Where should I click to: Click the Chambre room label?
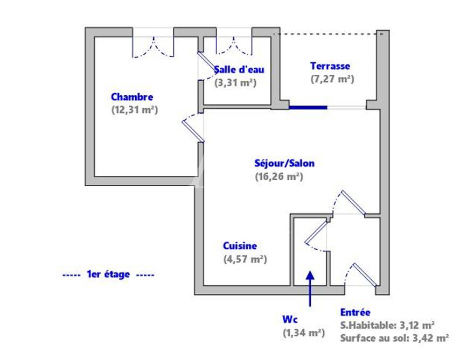click(x=132, y=97)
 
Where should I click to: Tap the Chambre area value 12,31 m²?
click(x=135, y=110)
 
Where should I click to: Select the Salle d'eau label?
click(x=239, y=69)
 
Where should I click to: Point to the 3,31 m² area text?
click(x=235, y=82)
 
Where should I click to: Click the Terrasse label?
click(x=330, y=66)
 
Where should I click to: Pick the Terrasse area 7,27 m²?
click(x=332, y=79)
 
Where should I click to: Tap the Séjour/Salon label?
click(x=284, y=164)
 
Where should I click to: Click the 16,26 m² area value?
click(x=279, y=177)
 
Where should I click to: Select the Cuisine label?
click(x=240, y=246)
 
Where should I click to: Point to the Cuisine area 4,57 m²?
click(x=245, y=259)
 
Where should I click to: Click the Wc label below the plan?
click(x=290, y=319)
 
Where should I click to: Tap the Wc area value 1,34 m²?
click(x=304, y=333)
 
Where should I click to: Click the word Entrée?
click(x=355, y=312)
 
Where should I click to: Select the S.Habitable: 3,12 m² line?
click(x=387, y=325)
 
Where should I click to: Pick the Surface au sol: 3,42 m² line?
click(x=394, y=337)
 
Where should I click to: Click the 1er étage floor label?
click(x=108, y=274)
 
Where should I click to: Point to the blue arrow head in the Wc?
click(x=310, y=276)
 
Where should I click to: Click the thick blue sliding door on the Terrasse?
click(x=308, y=107)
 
